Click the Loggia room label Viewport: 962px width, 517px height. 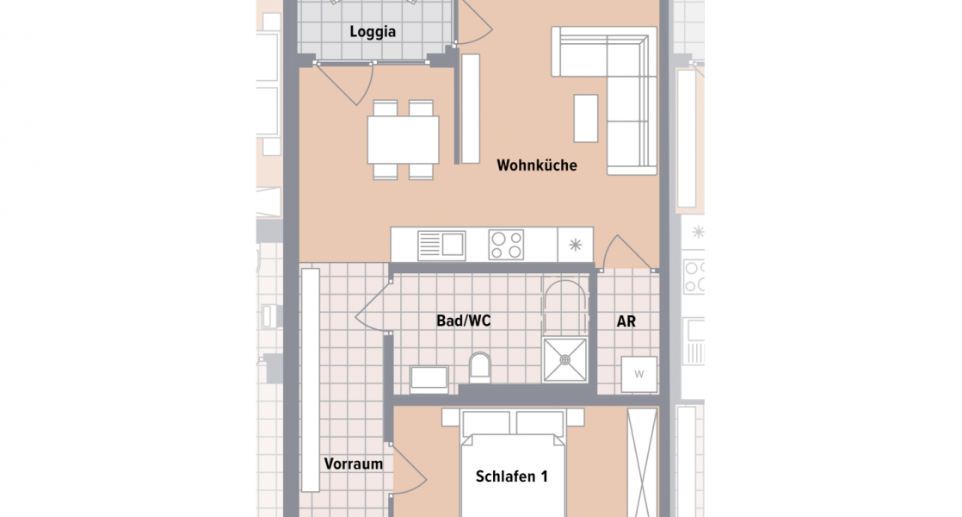373,33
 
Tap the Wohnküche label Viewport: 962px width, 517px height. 536,165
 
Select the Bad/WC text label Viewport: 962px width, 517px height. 463,321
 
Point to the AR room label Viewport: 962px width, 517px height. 626,321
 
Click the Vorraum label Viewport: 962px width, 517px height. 353,464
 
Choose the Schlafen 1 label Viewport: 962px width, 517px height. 512,477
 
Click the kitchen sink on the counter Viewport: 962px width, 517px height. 441,245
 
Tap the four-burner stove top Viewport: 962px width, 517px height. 506,245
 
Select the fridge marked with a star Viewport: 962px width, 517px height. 576,245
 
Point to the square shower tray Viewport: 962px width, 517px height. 564,360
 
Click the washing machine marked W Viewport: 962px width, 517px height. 639,374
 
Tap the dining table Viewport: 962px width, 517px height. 403,140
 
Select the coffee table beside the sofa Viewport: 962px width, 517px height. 586,118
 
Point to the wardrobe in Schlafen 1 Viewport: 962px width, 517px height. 641,462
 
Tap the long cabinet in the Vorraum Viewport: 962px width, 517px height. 310,379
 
